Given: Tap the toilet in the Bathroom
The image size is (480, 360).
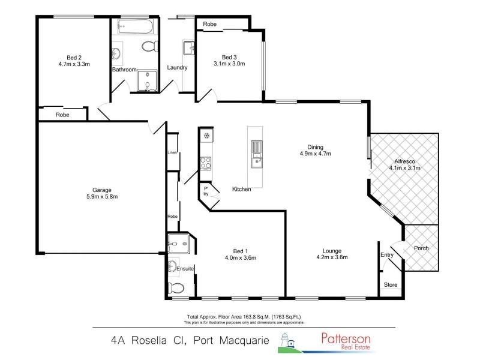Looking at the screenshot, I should [148, 46].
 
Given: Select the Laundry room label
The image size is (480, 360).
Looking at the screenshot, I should [177, 67].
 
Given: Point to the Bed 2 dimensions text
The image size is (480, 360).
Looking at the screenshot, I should [74, 63].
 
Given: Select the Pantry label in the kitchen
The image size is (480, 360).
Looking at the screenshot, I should [206, 191].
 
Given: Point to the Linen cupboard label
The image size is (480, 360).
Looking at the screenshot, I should [173, 152].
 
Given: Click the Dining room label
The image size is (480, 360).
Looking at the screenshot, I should [316, 147].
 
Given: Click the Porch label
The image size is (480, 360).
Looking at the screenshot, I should [421, 248].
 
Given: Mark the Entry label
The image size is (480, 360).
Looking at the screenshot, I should [387, 255].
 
